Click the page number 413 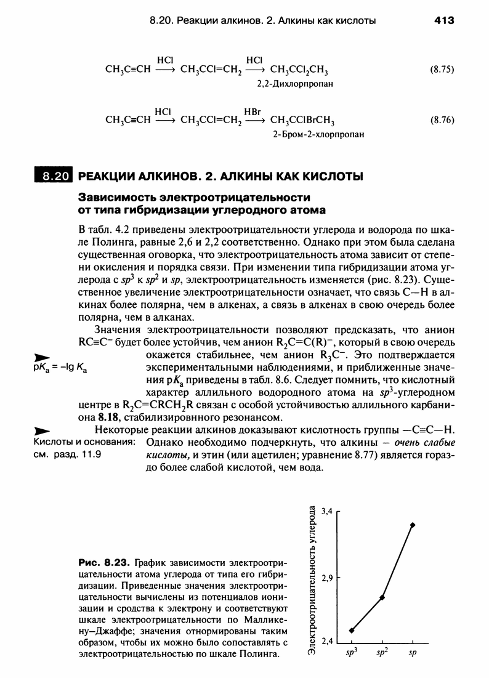(x=443, y=20)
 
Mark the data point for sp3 (x=352, y=630)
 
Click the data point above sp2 (x=382, y=597)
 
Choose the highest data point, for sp (x=413, y=525)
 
